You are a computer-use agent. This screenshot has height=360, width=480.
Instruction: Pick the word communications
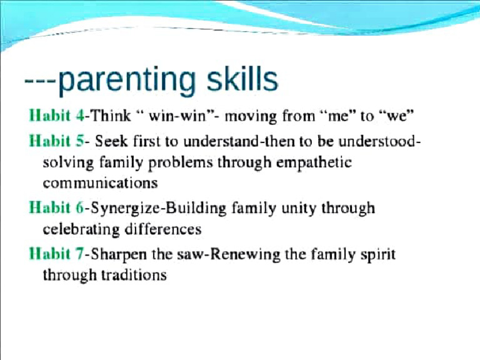click(x=100, y=184)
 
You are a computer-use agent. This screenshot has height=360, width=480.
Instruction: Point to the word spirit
click(x=375, y=255)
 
